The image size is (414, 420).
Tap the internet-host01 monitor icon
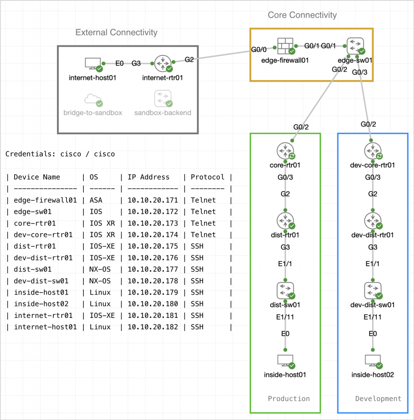click(92, 64)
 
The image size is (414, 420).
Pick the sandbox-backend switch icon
click(162, 99)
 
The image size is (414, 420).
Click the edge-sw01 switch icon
click(355, 46)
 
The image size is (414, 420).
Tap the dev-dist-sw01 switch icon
click(373, 290)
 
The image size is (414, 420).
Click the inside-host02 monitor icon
click(373, 360)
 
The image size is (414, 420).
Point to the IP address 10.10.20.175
click(152, 247)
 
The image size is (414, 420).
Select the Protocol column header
click(207, 177)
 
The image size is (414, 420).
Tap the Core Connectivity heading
click(302, 15)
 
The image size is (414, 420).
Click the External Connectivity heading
click(116, 32)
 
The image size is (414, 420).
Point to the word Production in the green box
click(289, 398)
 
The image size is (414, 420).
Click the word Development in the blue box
click(378, 398)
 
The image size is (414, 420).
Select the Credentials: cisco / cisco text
click(60, 154)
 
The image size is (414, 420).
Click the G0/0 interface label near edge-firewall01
click(259, 50)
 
